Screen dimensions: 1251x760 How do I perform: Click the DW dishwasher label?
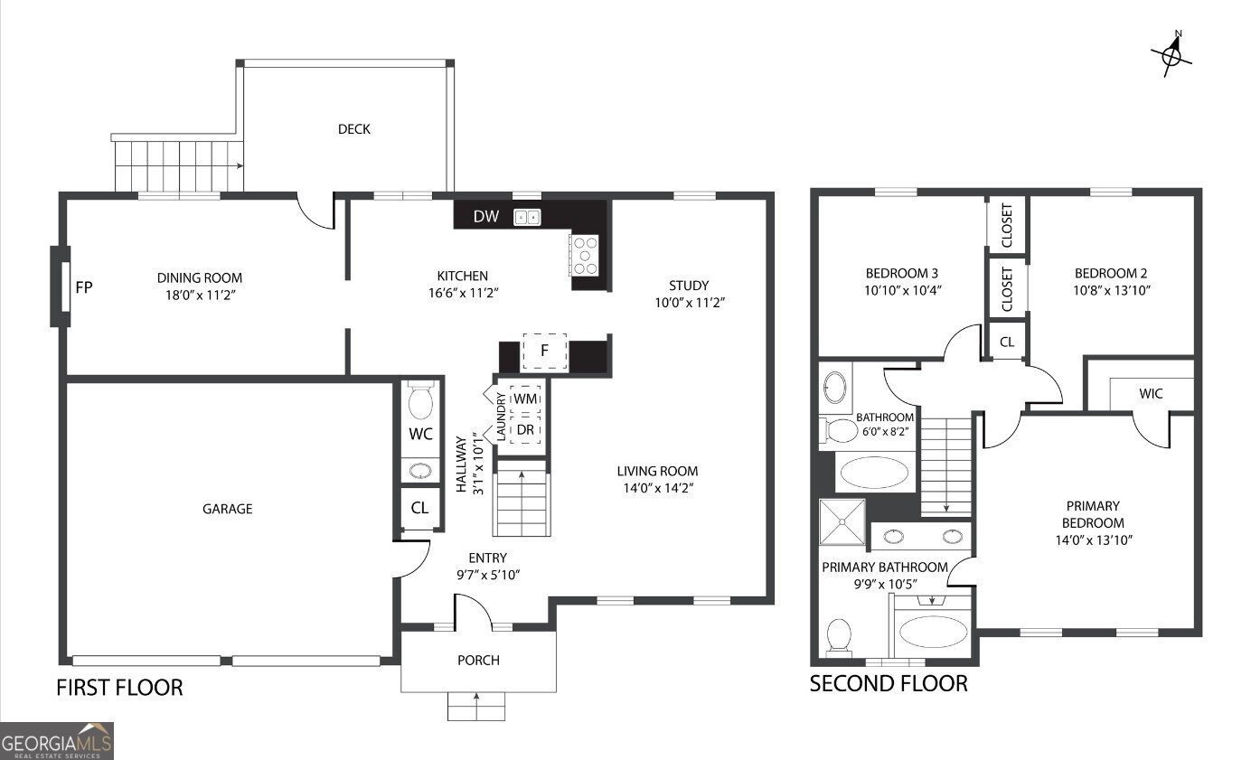point(486,217)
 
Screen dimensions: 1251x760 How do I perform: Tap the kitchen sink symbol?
point(527,217)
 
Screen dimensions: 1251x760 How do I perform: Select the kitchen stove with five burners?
point(585,255)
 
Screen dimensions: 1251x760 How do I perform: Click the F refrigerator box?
point(544,351)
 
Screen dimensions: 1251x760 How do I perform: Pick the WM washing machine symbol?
point(525,399)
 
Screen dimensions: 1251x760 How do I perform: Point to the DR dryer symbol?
point(525,429)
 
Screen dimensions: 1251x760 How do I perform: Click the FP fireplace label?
point(84,287)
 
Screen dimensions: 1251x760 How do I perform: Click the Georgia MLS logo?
point(56,740)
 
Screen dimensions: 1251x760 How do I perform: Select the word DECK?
point(354,129)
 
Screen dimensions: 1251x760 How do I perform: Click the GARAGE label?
point(227,509)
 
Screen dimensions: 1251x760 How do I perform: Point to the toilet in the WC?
point(420,399)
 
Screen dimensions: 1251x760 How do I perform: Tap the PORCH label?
point(479,660)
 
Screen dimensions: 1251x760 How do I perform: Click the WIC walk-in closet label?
point(1151,394)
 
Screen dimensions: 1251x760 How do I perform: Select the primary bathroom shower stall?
point(842,522)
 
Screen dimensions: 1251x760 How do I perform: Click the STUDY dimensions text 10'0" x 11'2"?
point(690,303)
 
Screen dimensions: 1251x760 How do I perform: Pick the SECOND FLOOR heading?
point(889,684)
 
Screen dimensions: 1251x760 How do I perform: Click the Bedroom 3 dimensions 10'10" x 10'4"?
point(902,290)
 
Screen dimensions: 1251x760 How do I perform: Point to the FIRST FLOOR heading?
point(119,688)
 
